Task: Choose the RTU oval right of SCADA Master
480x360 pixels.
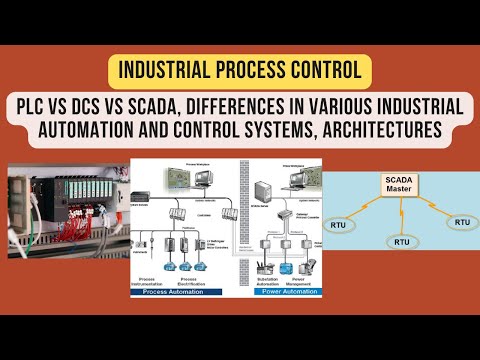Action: pos(461,221)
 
